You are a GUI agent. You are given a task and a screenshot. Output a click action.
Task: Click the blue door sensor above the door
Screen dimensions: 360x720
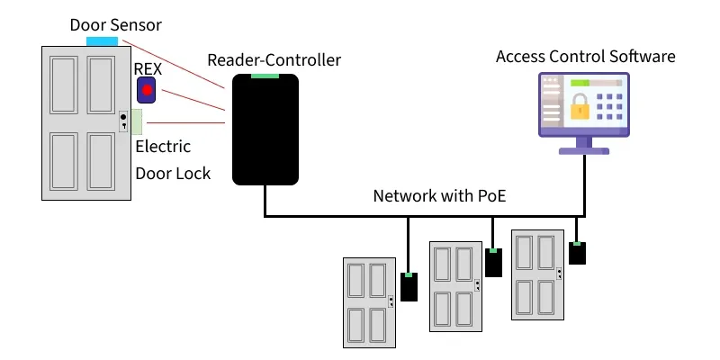pos(102,41)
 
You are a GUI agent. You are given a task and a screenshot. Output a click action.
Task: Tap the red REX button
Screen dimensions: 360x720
pos(146,90)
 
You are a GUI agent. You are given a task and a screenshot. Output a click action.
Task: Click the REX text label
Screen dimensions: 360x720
pos(148,69)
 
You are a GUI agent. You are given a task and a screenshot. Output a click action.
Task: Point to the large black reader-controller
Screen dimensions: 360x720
pos(265,130)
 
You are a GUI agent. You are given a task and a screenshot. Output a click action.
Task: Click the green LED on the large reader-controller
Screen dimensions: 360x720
pos(265,76)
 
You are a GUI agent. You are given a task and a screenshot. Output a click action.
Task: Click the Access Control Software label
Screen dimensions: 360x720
pos(585,57)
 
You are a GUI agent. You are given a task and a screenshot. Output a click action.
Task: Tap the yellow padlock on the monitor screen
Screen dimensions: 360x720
pos(580,108)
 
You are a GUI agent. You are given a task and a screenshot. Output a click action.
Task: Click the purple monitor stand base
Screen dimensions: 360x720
pos(584,150)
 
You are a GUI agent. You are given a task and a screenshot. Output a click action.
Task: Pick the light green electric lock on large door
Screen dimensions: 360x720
pos(138,121)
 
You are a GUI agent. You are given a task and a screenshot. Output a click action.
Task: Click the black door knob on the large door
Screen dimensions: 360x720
pos(123,117)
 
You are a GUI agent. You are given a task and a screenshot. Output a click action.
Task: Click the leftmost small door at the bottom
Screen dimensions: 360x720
pos(369,302)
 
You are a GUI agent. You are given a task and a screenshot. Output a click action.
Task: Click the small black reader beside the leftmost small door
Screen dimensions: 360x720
pos(409,288)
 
